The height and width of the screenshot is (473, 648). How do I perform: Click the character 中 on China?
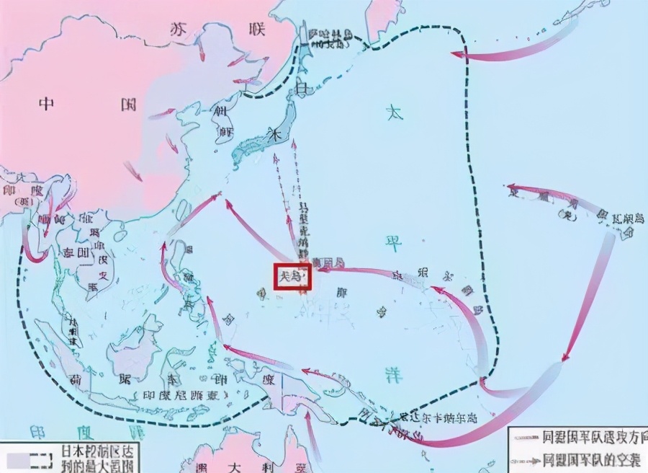(x=47, y=104)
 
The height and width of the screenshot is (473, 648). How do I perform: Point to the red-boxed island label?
(x=292, y=277)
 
